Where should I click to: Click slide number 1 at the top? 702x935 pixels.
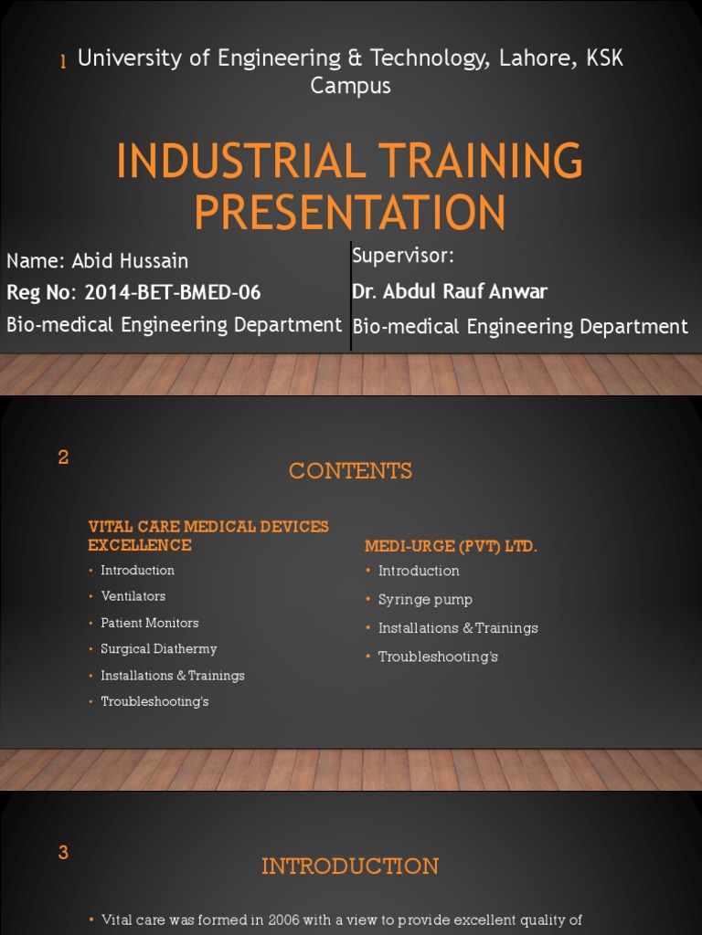point(63,62)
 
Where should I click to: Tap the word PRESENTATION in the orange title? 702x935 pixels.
point(350,212)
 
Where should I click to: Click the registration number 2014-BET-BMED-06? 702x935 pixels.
point(172,292)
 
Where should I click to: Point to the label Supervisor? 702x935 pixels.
point(403,256)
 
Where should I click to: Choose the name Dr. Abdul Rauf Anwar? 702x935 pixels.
point(450,291)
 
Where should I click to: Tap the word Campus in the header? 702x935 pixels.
point(350,86)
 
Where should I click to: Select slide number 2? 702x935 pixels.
point(63,458)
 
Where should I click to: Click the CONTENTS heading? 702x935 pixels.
point(350,471)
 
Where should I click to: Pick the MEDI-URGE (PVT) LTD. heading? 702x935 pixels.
point(451,546)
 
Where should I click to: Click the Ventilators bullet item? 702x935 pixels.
point(133,596)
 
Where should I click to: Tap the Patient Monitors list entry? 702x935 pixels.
point(149,623)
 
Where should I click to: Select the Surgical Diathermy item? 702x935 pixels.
point(159,649)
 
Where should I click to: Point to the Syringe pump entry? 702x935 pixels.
point(425,600)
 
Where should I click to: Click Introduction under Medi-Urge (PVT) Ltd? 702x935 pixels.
point(419,571)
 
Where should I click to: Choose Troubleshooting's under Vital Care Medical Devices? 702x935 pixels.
point(154,701)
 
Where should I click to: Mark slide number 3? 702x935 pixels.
point(63,853)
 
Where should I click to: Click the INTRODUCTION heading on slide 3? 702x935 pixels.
point(350,867)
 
